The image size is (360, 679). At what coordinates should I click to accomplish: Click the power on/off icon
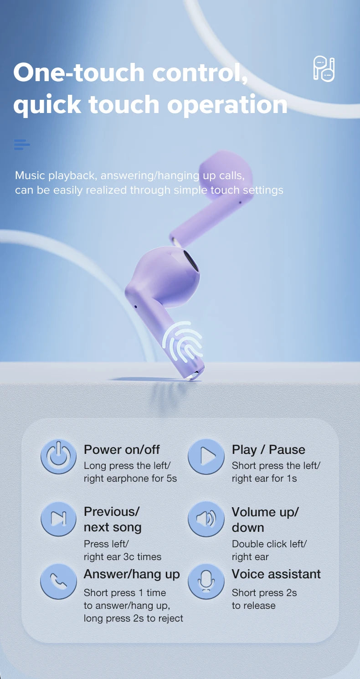[59, 456]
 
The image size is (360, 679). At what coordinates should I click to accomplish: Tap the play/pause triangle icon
[206, 456]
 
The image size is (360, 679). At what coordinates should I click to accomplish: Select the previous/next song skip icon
[59, 518]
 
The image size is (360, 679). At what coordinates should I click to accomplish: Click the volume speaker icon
[206, 519]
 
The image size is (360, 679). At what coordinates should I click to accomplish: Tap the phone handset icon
[59, 581]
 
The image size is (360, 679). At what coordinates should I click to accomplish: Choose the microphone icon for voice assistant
[206, 581]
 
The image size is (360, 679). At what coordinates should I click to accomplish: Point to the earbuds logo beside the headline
[324, 69]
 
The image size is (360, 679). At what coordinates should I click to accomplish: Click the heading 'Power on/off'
[122, 450]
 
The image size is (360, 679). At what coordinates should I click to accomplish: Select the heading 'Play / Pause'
[268, 450]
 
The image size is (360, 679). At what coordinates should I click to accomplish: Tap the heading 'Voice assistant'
[276, 574]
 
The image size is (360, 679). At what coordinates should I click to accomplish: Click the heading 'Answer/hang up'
[132, 574]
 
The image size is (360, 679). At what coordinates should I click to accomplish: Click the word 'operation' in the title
[227, 104]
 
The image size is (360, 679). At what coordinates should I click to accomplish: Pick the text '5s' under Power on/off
[171, 478]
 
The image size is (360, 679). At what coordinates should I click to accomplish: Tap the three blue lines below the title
[21, 145]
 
